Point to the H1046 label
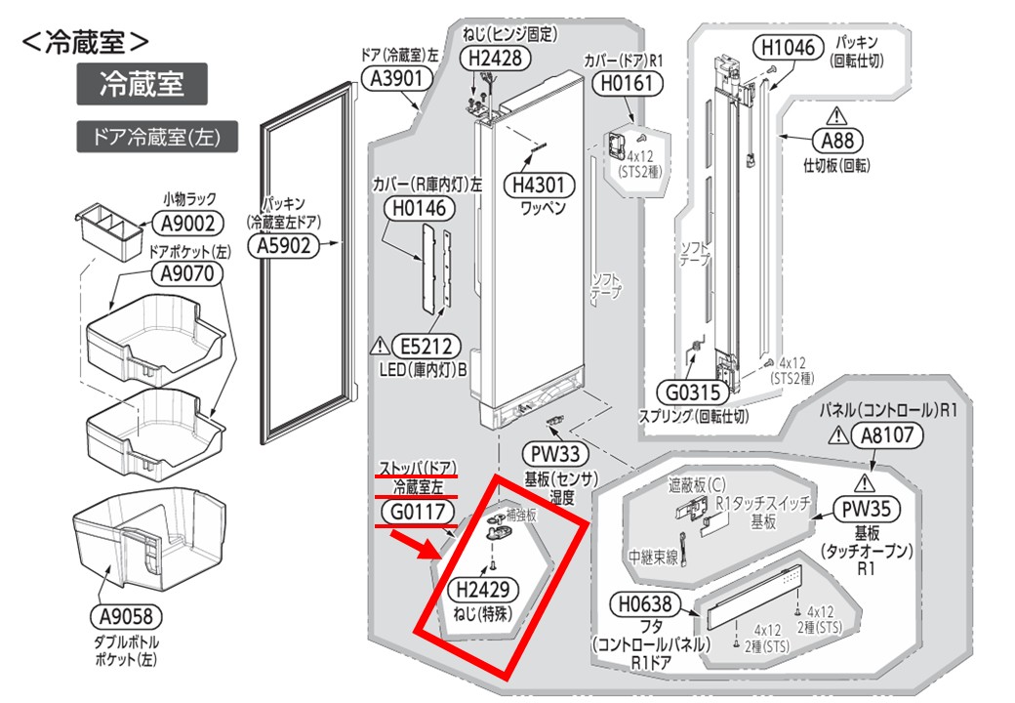click(787, 46)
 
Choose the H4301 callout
click(540, 185)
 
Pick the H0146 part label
click(420, 207)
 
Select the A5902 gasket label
click(284, 247)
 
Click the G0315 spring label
click(689, 393)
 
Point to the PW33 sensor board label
click(556, 454)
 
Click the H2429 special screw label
click(482, 589)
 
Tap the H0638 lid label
click(639, 605)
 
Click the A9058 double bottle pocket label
click(125, 617)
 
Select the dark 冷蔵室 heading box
click(142, 84)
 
